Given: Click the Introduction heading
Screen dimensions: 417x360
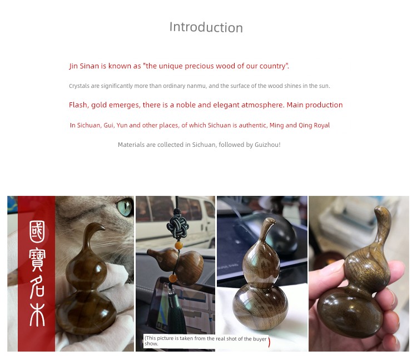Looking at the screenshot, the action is (206, 27).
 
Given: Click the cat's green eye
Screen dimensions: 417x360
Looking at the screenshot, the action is (125, 208).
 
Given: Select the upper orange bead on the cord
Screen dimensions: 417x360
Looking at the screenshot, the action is (178, 245).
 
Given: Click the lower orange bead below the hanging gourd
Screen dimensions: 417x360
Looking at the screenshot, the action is (173, 279).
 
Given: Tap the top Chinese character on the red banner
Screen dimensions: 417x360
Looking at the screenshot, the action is (37, 232).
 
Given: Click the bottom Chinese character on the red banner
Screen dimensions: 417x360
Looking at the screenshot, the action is (37, 315).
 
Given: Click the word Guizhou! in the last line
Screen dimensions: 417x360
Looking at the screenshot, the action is (267, 145).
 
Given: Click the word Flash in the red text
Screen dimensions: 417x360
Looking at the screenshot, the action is (78, 105).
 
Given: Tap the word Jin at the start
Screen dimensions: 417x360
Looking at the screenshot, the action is (73, 66).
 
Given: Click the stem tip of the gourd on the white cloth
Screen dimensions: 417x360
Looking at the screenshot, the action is (270, 220).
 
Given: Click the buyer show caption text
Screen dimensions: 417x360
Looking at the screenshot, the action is (205, 341).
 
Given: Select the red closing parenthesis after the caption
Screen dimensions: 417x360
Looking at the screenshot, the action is (269, 342).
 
